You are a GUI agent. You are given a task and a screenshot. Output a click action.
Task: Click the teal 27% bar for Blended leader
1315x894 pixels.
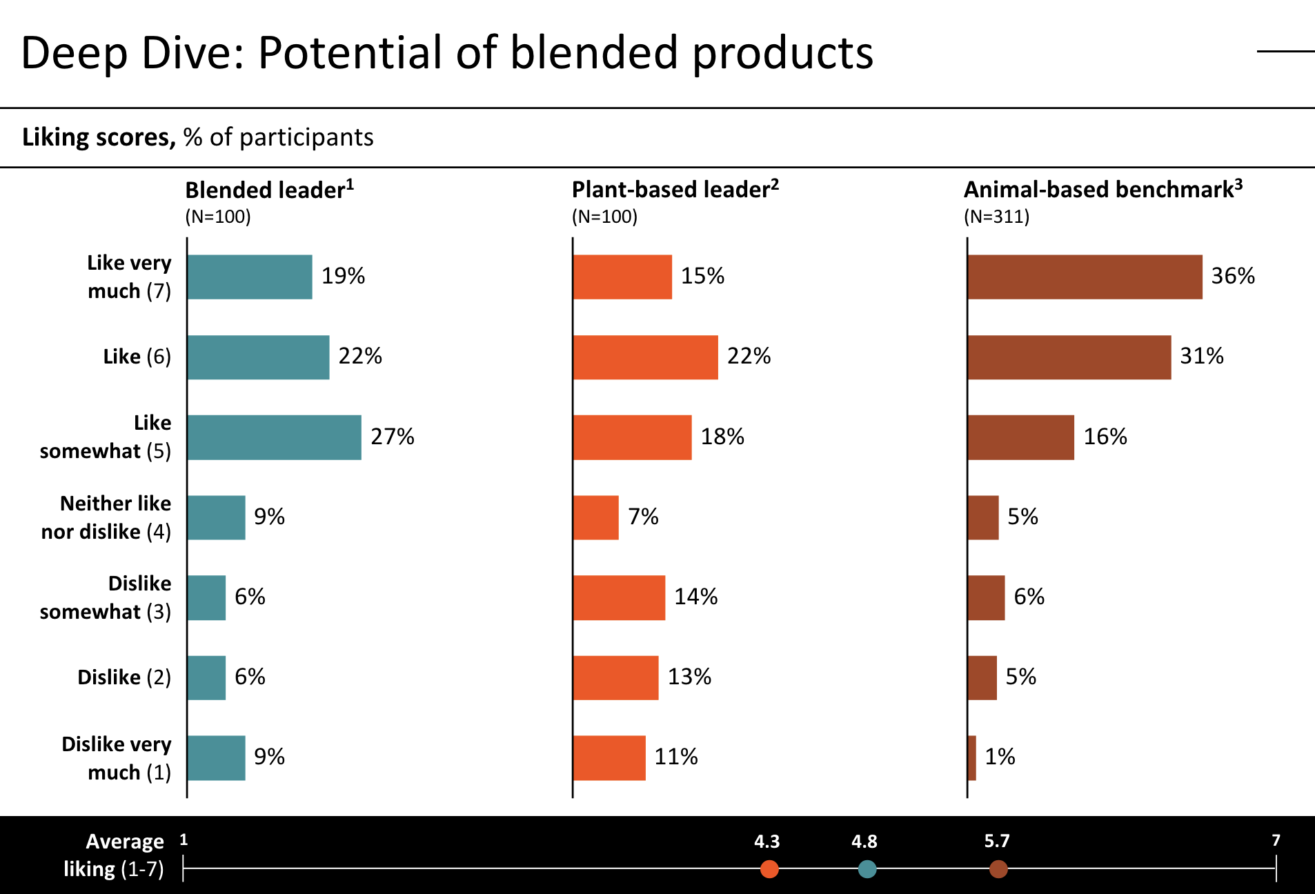(x=274, y=437)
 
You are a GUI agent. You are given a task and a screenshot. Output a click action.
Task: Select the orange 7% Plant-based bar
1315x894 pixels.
(x=595, y=517)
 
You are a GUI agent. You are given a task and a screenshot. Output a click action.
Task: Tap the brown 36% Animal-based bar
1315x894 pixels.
(x=1085, y=277)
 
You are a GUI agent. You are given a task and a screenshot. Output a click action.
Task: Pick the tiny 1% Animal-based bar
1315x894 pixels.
(x=972, y=757)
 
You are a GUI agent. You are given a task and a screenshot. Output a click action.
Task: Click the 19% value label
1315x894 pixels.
(x=343, y=276)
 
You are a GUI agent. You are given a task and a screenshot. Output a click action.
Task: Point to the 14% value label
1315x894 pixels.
(x=695, y=597)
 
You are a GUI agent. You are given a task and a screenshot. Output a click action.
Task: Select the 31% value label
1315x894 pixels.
(x=1201, y=356)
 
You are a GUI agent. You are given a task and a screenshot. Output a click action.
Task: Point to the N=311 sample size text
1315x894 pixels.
(x=996, y=217)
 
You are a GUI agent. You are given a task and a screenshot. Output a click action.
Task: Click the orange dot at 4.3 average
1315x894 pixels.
(x=769, y=868)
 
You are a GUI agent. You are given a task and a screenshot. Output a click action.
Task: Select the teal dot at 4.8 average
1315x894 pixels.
(x=867, y=868)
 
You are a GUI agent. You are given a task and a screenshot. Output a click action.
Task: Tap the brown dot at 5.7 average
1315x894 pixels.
(x=998, y=868)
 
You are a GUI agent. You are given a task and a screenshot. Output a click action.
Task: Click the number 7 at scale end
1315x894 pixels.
(x=1276, y=840)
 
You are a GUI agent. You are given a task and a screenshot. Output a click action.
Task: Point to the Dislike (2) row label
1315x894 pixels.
(x=124, y=677)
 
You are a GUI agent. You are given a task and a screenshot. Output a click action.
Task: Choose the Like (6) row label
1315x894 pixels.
(x=137, y=357)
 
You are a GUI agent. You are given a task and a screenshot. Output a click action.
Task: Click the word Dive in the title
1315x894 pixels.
(x=192, y=53)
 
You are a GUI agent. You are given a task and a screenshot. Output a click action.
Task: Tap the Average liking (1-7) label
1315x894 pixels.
(x=114, y=855)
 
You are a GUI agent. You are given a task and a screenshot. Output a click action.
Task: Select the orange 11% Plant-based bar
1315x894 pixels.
(x=609, y=757)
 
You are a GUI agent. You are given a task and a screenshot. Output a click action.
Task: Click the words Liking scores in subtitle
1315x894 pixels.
(x=99, y=137)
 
